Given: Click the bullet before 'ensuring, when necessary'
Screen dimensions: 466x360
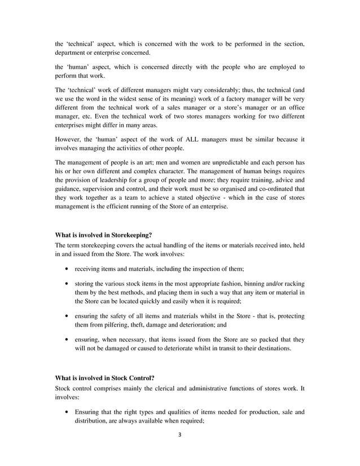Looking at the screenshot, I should (x=68, y=340).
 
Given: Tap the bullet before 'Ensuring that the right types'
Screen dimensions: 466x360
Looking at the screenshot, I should (x=68, y=411).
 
